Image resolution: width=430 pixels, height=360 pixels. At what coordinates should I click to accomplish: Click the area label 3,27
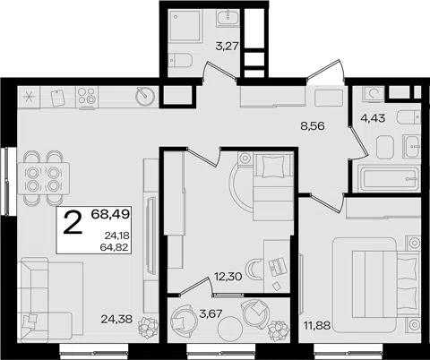(227, 47)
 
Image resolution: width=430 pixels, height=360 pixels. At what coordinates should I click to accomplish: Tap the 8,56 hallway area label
(313, 126)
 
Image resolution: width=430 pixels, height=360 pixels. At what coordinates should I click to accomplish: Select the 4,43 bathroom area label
(373, 118)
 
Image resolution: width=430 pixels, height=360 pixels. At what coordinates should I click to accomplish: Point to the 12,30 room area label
(228, 277)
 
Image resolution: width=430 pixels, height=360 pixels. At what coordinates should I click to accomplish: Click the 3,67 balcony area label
(211, 313)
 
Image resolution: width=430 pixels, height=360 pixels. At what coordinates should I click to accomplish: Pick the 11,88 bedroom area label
(317, 325)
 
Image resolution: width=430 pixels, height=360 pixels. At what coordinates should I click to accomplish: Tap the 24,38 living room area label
(116, 320)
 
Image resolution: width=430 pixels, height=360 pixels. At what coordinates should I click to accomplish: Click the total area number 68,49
(110, 214)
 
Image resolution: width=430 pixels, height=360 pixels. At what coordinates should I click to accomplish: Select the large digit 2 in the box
(73, 222)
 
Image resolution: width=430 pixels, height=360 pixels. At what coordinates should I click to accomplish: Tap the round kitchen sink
(145, 96)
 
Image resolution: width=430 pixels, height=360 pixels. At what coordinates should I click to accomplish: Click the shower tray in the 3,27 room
(185, 25)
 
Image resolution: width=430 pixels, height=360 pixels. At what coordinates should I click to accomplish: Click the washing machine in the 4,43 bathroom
(373, 93)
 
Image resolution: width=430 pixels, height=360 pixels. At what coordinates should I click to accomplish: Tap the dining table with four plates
(44, 178)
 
